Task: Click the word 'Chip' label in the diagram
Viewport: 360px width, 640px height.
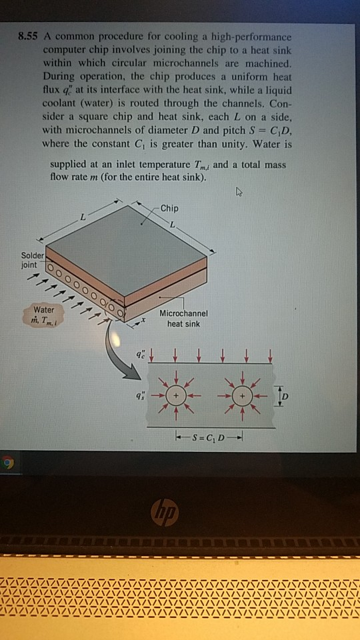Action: [170, 208]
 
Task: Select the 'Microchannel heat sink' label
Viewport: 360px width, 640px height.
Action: [185, 319]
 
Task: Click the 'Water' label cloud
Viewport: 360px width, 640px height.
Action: [44, 315]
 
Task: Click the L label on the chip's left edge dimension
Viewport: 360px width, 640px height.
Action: [83, 217]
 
